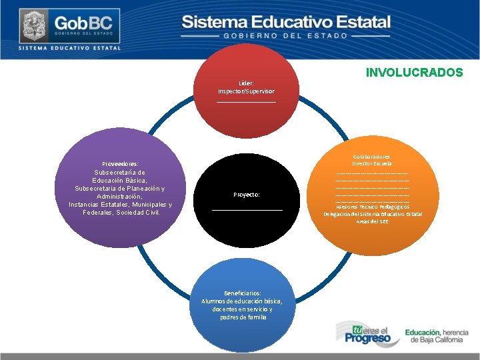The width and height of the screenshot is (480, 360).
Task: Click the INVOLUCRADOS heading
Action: (414, 73)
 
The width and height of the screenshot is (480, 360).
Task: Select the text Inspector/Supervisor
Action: (246, 91)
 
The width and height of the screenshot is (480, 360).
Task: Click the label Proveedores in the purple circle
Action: (120, 163)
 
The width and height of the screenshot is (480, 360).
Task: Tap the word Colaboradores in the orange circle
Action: (373, 156)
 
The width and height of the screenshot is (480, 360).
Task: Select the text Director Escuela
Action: (373, 163)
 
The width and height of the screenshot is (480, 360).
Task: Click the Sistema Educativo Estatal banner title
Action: (285, 21)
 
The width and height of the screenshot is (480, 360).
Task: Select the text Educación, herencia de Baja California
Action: (437, 335)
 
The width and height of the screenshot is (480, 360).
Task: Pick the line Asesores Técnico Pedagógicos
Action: (373, 207)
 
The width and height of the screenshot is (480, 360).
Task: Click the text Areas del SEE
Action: (373, 221)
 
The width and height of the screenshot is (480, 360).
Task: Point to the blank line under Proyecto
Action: (247, 210)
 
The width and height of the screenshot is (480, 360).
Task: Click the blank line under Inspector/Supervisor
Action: (246, 102)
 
